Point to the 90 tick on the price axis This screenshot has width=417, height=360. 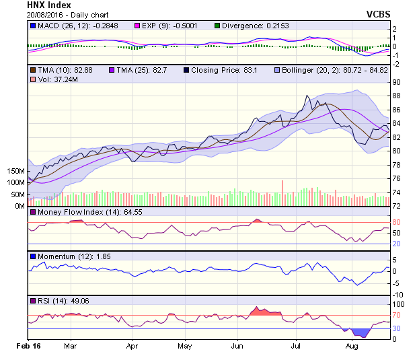(x=396, y=82)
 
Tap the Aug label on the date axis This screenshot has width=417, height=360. (x=351, y=345)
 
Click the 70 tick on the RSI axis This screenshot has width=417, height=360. (x=396, y=315)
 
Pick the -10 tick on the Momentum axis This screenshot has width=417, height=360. (x=397, y=295)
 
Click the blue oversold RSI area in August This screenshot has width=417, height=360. (x=363, y=332)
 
